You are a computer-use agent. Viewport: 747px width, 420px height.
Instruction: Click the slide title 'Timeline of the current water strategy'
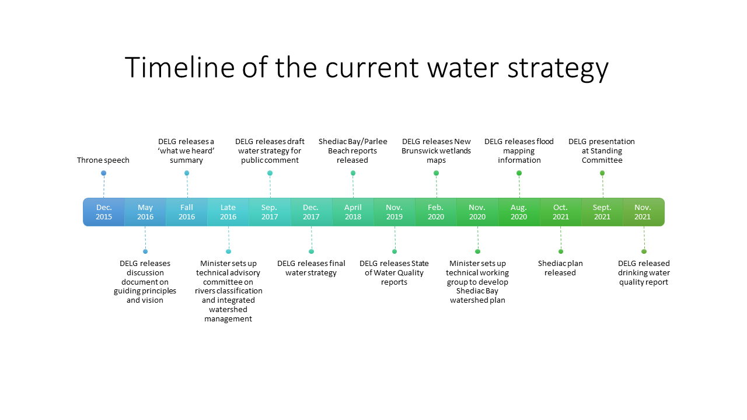point(367,68)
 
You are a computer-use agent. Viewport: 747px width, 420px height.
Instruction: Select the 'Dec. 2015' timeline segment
point(104,212)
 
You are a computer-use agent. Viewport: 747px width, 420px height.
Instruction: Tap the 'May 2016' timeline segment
point(145,212)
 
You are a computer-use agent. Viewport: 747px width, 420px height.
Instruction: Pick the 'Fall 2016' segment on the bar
point(187,212)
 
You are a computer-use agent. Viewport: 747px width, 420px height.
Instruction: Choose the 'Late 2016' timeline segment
point(228,212)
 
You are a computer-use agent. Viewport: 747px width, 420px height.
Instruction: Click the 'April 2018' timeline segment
point(353,212)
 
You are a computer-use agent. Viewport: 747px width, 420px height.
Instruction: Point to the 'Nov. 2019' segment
point(395,212)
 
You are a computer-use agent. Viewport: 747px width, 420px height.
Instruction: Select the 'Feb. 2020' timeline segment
point(436,212)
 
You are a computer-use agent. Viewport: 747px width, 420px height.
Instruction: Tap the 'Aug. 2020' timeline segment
point(519,212)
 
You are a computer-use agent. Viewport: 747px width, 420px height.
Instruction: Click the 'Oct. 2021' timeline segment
point(561,212)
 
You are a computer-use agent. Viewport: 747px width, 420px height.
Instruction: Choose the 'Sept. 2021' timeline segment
point(602,212)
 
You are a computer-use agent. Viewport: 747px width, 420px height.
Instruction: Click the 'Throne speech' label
point(103,160)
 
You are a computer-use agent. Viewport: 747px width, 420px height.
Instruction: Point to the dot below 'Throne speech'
point(104,173)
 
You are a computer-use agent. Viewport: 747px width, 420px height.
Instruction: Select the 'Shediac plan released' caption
point(560,268)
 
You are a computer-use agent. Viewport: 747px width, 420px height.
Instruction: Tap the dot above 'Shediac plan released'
point(561,251)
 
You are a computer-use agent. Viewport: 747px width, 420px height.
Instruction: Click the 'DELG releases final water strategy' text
point(311,268)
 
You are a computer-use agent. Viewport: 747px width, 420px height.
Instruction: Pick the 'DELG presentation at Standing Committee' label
point(602,150)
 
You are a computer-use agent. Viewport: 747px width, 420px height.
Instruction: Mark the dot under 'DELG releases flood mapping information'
point(519,173)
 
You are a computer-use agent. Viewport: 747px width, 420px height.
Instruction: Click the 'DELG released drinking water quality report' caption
point(644,272)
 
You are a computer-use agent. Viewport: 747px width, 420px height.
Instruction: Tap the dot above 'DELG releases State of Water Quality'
point(395,251)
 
